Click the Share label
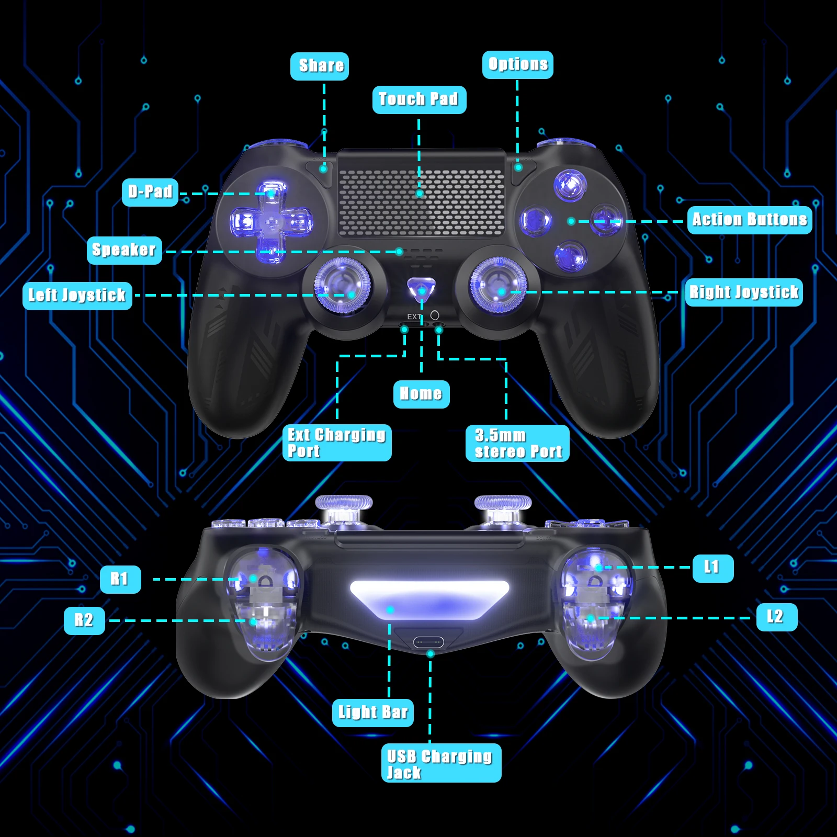point(320,66)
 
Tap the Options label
point(517,65)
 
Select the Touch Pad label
point(419,99)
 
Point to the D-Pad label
point(150,192)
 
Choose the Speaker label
point(125,250)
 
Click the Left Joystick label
point(77,296)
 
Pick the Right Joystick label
point(743,292)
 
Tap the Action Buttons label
point(749,220)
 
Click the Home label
point(421,394)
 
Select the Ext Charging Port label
point(337,443)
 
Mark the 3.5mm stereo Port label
point(517,443)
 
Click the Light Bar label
point(372,712)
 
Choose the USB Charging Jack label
point(441,763)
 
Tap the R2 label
point(84,620)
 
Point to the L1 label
point(712,568)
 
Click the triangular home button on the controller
point(421,288)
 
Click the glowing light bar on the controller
point(429,599)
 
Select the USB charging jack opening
point(428,642)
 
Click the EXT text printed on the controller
point(414,316)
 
